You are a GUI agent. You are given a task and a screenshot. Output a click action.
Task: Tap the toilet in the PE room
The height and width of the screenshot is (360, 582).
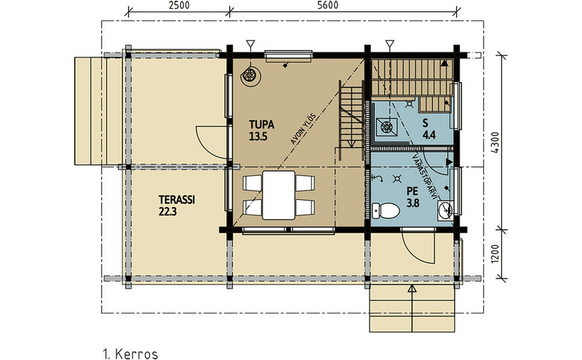tap(387, 211)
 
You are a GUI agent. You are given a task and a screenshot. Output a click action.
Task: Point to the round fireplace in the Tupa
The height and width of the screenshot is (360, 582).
tap(250, 74)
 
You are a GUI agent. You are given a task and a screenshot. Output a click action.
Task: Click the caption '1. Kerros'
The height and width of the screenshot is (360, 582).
tap(131, 354)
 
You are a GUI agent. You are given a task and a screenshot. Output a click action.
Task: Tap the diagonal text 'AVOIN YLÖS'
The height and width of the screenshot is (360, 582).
tap(300, 132)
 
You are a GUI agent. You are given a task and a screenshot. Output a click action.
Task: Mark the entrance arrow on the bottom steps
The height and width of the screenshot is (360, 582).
tap(412, 289)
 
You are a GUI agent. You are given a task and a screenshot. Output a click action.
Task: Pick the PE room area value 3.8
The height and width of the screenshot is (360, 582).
tap(412, 203)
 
